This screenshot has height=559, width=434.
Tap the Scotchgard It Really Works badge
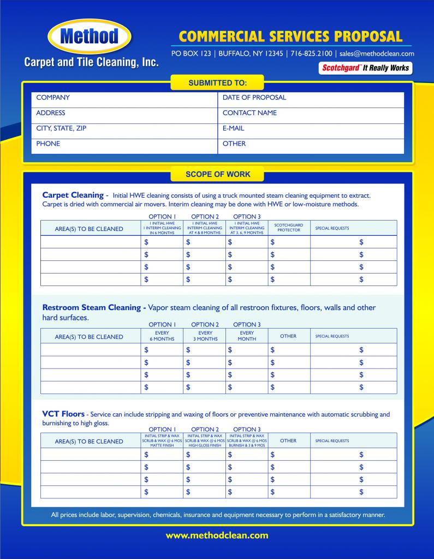pyautogui.click(x=365, y=68)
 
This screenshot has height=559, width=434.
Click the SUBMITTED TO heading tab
pyautogui.click(x=217, y=83)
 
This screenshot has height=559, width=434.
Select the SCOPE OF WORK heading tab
pyautogui.click(x=217, y=175)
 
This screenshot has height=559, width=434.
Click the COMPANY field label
pyautogui.click(x=53, y=98)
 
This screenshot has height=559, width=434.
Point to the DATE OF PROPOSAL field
pyautogui.click(x=254, y=98)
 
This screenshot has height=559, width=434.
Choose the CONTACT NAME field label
pyautogui.click(x=249, y=113)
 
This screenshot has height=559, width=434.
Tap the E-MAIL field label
pyautogui.click(x=234, y=128)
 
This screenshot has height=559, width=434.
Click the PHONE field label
pyautogui.click(x=48, y=144)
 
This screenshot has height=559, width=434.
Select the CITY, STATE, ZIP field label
pyautogui.click(x=61, y=128)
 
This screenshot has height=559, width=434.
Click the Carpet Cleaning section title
pyautogui.click(x=73, y=195)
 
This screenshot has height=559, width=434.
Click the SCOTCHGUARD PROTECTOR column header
pyautogui.click(x=289, y=228)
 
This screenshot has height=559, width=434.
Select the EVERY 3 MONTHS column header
pyautogui.click(x=205, y=336)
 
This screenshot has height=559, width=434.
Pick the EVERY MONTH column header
pyautogui.click(x=247, y=336)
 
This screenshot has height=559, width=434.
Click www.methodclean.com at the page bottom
pyautogui.click(x=217, y=536)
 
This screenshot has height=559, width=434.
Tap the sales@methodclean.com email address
pyautogui.click(x=377, y=53)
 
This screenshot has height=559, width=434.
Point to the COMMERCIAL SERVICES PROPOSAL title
pyautogui.click(x=290, y=37)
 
